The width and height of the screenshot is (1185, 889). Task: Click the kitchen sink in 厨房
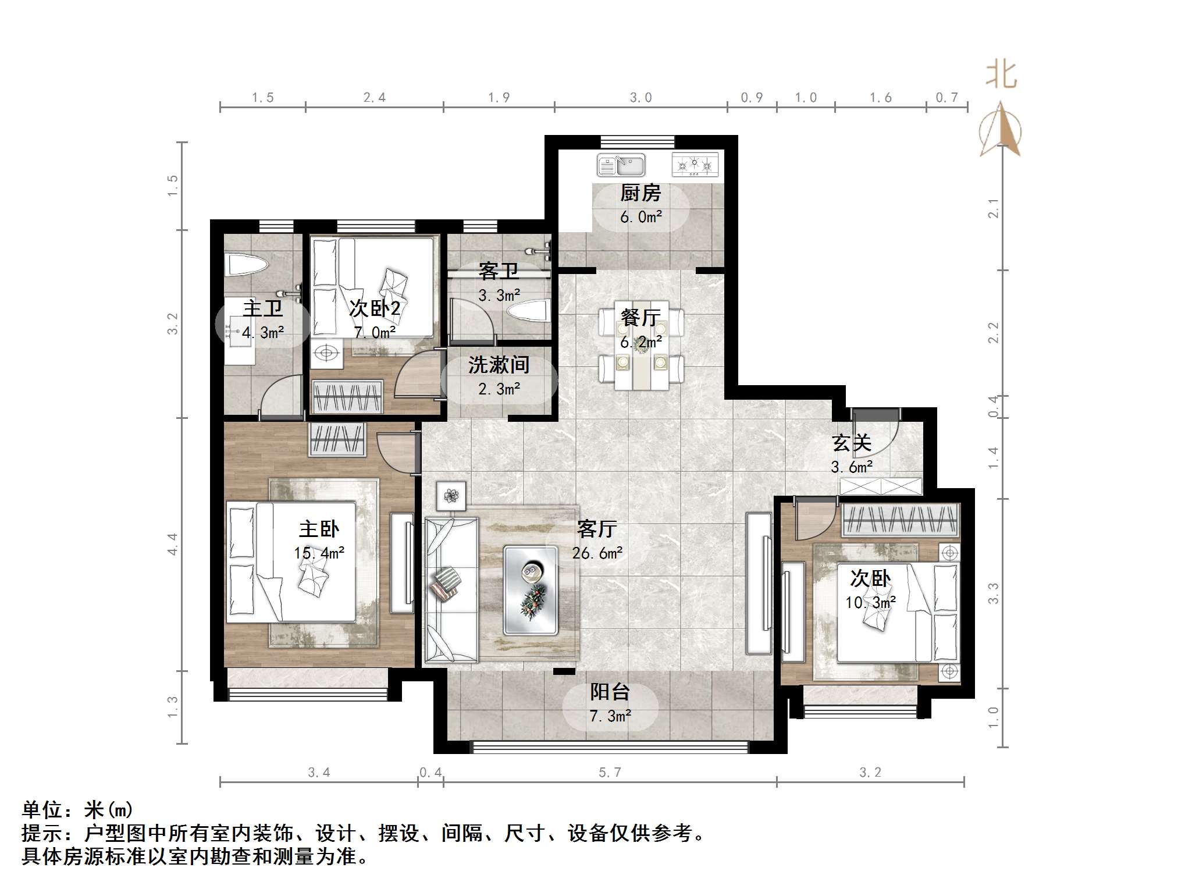click(x=621, y=165)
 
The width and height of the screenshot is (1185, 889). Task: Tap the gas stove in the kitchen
click(x=695, y=165)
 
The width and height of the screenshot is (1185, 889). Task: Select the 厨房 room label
click(x=640, y=193)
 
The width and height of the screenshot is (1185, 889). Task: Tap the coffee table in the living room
click(x=531, y=589)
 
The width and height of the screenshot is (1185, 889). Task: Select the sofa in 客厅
click(x=451, y=589)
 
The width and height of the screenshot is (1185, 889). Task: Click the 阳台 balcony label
click(x=610, y=692)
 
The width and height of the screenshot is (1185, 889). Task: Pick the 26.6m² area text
click(x=597, y=553)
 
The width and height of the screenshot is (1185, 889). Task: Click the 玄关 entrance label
click(x=851, y=443)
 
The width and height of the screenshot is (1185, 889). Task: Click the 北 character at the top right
click(x=1001, y=75)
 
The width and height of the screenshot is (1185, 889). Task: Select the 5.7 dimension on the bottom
click(x=610, y=772)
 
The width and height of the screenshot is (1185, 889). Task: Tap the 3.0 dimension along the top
click(x=640, y=98)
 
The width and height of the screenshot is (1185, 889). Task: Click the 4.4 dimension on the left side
click(x=172, y=544)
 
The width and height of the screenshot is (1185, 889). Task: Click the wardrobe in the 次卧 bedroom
click(x=900, y=520)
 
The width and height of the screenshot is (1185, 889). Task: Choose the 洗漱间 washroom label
click(x=499, y=365)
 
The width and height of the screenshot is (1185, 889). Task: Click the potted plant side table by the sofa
click(x=451, y=496)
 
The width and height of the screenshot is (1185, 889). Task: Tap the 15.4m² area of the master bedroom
click(x=319, y=553)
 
